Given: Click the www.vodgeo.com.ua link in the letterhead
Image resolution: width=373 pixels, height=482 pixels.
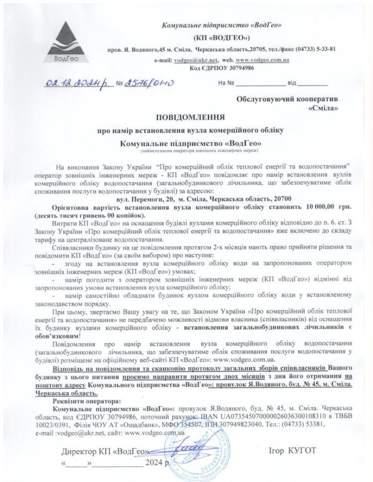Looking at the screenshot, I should pos(262,61).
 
